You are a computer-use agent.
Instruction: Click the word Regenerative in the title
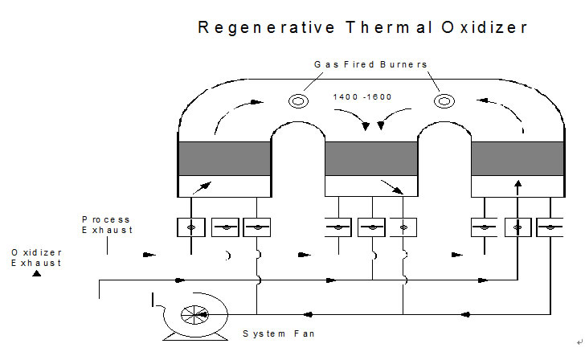[x=266, y=28]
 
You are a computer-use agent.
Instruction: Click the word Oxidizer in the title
[x=485, y=27]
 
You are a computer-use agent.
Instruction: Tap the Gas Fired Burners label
[x=370, y=64]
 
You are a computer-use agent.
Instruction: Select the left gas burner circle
[x=298, y=101]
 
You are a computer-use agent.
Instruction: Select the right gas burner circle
[x=444, y=101]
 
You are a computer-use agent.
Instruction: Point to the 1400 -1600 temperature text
[x=362, y=97]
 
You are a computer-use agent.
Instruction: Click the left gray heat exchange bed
[x=225, y=158]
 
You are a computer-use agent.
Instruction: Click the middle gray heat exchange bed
[x=371, y=158]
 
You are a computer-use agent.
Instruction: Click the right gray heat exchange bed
[x=517, y=158]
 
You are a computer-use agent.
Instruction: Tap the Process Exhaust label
[x=107, y=224]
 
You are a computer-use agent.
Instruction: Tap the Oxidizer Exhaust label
[x=36, y=257]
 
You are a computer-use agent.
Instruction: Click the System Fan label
[x=279, y=333]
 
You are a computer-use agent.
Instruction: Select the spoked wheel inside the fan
[x=194, y=315]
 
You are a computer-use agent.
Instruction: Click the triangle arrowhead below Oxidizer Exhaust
[x=37, y=273]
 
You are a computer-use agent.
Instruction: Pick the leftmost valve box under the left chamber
[x=191, y=227]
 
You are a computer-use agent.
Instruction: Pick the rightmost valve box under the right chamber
[x=550, y=227]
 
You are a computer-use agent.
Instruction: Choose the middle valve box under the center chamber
[x=371, y=227]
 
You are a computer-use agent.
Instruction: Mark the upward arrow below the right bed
[x=517, y=188]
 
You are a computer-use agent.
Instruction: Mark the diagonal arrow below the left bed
[x=202, y=188]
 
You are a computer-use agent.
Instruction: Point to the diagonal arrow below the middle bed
[x=392, y=187]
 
